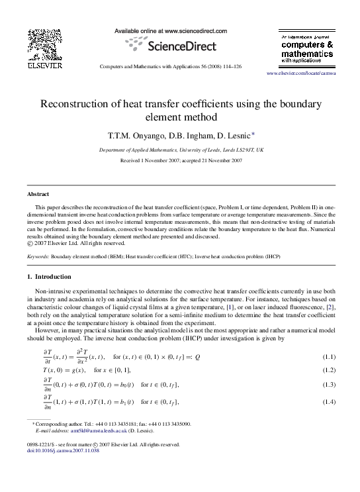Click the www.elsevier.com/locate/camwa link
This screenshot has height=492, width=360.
point(300,73)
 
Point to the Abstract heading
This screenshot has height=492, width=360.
point(38,194)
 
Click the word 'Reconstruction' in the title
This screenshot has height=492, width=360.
point(81,104)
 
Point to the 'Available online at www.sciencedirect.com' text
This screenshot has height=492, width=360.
point(171,31)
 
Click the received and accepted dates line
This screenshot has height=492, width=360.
point(181,161)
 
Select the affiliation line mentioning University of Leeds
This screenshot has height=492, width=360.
point(181,150)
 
